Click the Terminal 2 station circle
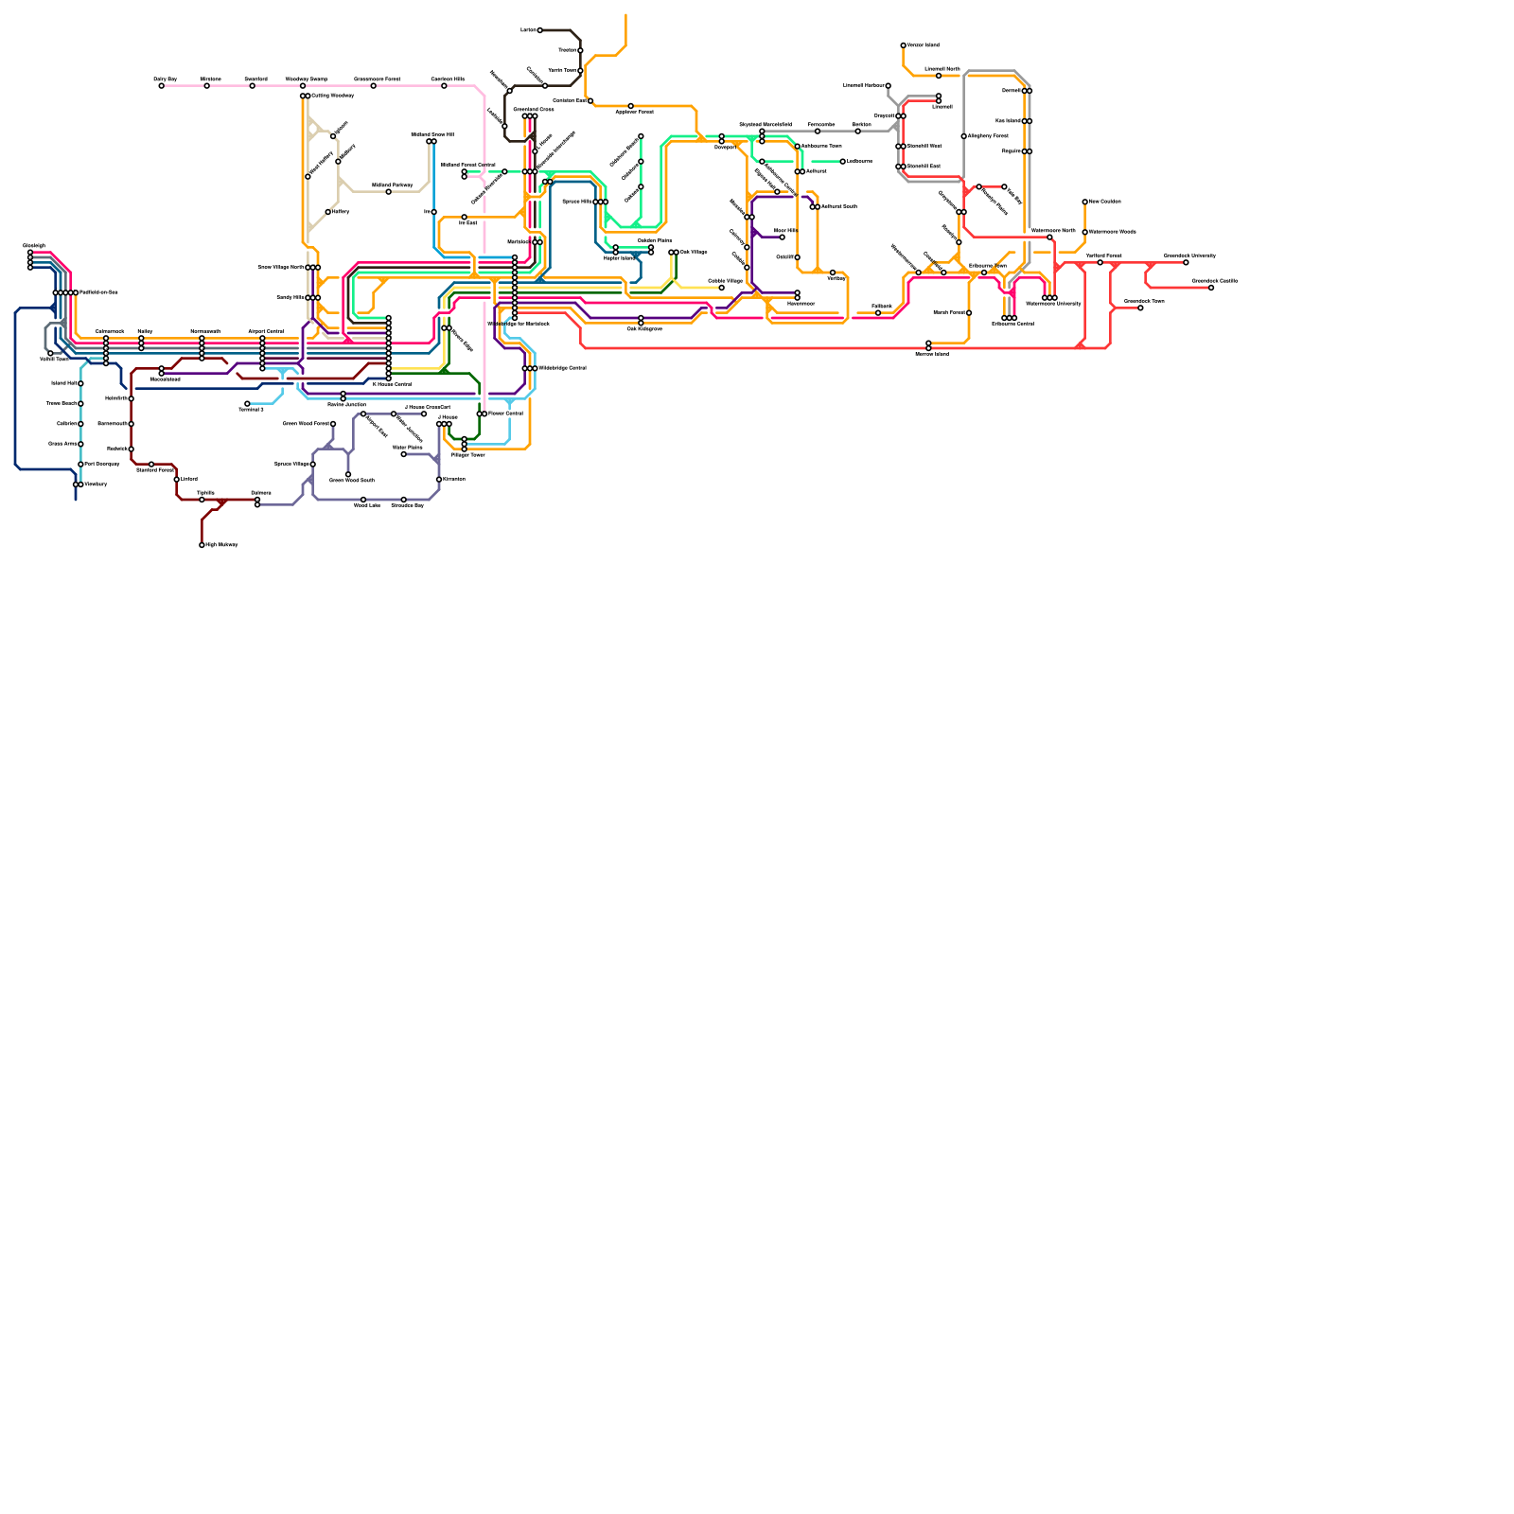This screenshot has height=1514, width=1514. tap(248, 404)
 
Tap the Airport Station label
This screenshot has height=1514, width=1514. tap(266, 331)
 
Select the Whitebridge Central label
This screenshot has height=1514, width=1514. tap(562, 368)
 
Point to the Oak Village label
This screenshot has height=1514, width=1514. tap(694, 253)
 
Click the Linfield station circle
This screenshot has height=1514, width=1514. tap(177, 480)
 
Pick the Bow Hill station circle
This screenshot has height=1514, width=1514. tap(782, 238)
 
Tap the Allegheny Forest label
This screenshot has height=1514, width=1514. tap(988, 136)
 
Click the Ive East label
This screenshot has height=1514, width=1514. tap(468, 223)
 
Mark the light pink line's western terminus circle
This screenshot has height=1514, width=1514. tap(162, 86)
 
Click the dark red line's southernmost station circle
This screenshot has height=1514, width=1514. tap(202, 545)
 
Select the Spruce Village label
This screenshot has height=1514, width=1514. tap(291, 465)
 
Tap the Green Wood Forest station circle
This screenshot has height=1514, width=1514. tap(333, 424)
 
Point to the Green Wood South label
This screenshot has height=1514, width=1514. tap(352, 481)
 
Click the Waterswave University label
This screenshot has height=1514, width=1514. tap(1053, 304)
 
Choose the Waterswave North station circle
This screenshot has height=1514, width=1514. tap(1049, 238)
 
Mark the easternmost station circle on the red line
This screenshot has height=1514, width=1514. tap(1211, 288)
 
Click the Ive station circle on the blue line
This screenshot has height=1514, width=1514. tap(434, 212)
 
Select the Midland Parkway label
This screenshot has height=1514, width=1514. tap(392, 185)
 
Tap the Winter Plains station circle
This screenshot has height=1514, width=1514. tap(404, 454)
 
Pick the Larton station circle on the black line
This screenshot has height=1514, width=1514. tap(540, 30)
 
